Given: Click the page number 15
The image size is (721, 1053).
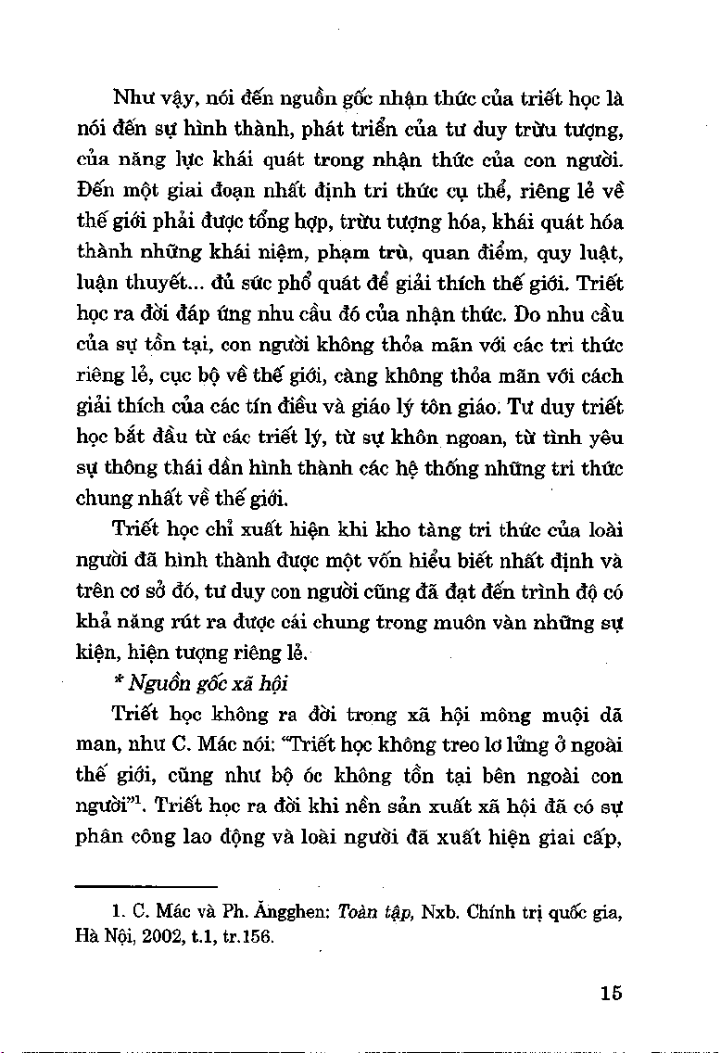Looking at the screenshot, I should (x=610, y=993).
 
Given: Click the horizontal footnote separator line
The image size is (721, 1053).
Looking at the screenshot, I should (x=145, y=885).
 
